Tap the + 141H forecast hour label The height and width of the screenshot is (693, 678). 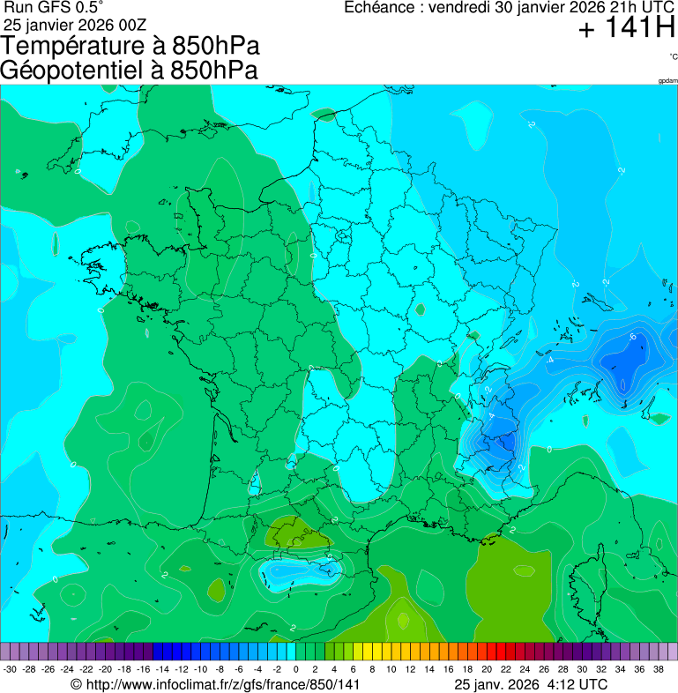[626, 30]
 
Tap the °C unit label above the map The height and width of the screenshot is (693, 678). [673, 56]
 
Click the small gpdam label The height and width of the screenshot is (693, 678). [667, 81]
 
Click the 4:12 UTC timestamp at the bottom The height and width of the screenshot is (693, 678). [578, 684]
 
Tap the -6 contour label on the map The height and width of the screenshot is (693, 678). [632, 338]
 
